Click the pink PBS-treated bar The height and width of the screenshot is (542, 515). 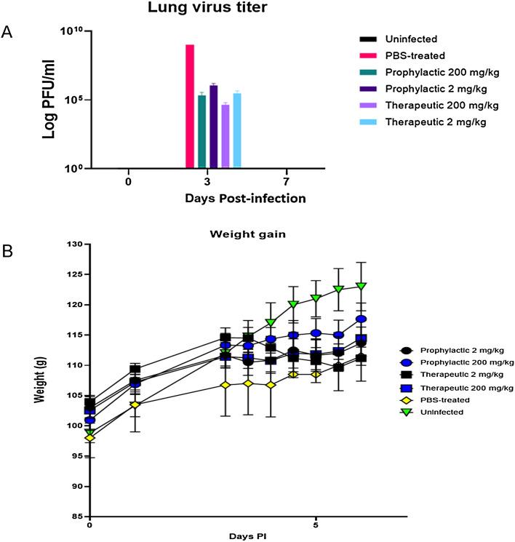(190, 106)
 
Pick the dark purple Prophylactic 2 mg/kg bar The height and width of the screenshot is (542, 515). (213, 127)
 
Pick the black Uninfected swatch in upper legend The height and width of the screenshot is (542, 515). (371, 39)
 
